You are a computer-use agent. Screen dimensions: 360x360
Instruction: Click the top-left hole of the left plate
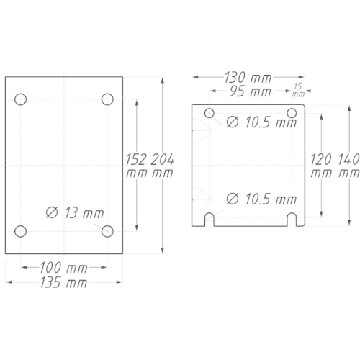click(x=21, y=99)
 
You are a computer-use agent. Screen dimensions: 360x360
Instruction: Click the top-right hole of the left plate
click(x=107, y=99)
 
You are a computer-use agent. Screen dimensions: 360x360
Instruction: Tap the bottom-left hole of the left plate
click(x=21, y=230)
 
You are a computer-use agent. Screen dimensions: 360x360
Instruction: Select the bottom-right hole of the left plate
click(x=107, y=230)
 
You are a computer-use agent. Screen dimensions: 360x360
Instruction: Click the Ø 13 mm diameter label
click(x=74, y=212)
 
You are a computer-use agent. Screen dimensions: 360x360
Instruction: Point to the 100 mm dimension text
click(x=64, y=268)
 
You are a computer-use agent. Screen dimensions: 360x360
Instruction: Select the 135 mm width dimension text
click(x=64, y=282)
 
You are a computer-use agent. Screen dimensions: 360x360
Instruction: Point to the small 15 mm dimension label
click(x=298, y=89)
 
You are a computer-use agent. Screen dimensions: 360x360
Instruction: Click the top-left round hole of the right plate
click(x=210, y=112)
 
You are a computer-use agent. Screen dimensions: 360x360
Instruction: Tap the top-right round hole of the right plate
click(x=292, y=112)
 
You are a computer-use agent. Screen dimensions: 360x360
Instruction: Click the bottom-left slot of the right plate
click(x=210, y=219)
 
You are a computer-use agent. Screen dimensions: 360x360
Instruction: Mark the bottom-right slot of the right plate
click(x=292, y=219)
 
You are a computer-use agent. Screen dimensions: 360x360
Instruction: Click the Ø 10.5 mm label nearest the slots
click(x=261, y=198)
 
